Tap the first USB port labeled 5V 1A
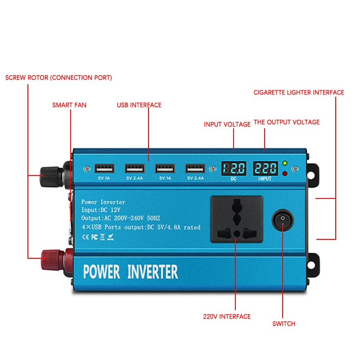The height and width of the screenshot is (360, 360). click(x=104, y=169)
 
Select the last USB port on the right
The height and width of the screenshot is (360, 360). click(x=194, y=169)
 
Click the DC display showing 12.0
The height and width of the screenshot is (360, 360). click(x=234, y=169)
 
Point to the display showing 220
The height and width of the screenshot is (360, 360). click(x=265, y=169)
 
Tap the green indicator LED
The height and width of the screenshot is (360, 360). click(x=284, y=163)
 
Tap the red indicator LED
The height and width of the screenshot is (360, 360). click(x=284, y=173)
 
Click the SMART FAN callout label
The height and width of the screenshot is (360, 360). click(x=69, y=105)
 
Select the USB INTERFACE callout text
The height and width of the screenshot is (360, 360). click(x=139, y=105)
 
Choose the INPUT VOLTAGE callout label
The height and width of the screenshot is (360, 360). click(x=227, y=125)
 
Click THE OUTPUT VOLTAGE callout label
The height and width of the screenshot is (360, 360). click(x=287, y=122)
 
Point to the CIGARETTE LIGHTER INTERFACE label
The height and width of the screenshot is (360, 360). click(x=299, y=93)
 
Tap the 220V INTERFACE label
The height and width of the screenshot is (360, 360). click(x=227, y=317)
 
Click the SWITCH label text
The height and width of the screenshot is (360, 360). click(x=284, y=324)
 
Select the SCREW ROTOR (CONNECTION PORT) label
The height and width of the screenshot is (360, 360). click(x=58, y=78)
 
